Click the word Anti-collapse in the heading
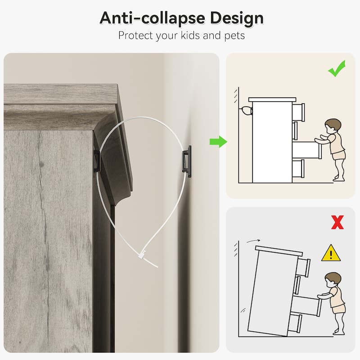click(153, 18)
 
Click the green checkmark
click(337, 69)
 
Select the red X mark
click(337, 222)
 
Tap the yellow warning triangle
click(331, 253)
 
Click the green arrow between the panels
click(218, 142)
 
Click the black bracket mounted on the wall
click(187, 162)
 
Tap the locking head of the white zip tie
click(141, 255)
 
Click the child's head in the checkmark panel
click(333, 126)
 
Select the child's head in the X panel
click(333, 280)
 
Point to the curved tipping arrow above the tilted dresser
click(253, 241)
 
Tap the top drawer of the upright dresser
click(298, 112)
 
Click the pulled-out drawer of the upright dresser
click(307, 150)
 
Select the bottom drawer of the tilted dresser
click(295, 323)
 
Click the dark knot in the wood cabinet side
click(41, 164)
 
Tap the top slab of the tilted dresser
click(279, 251)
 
